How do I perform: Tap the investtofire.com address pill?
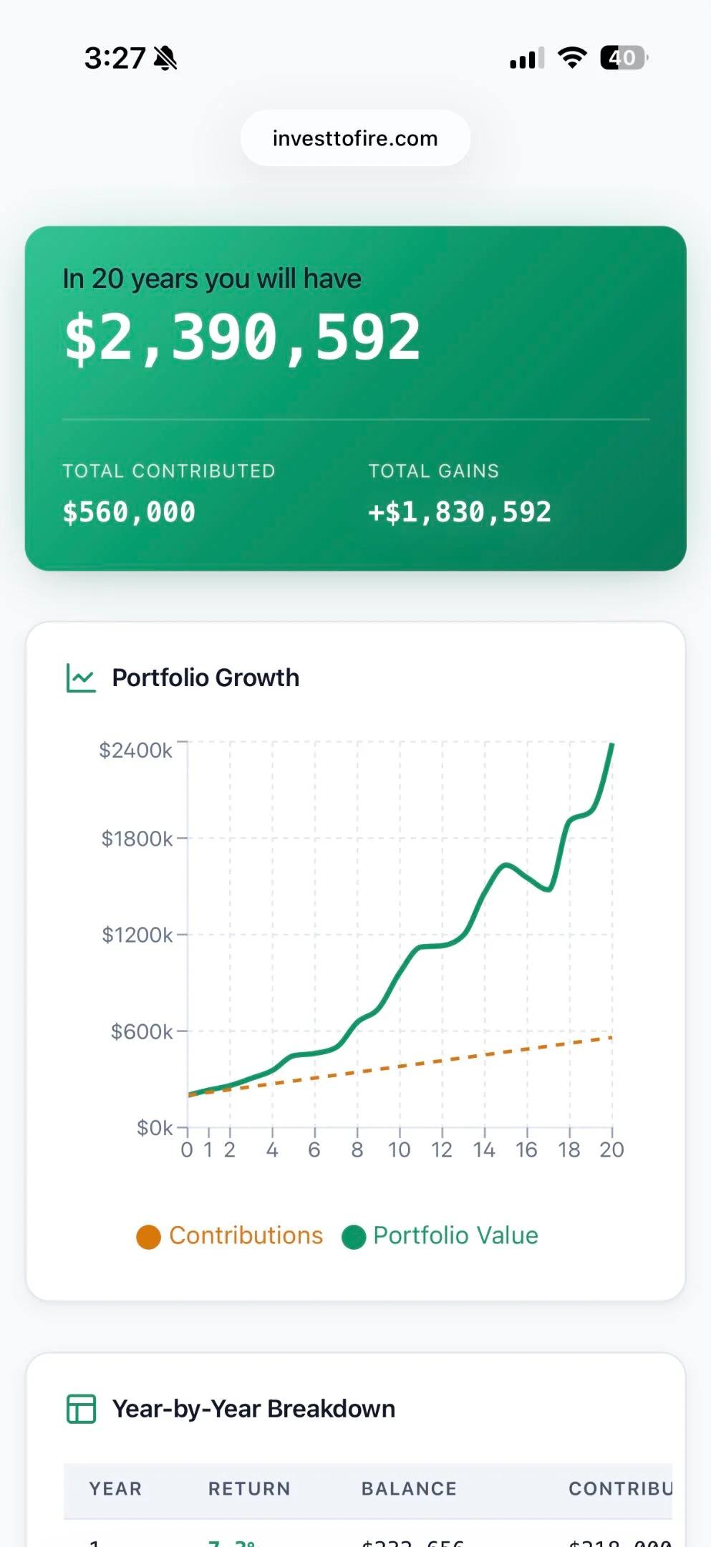[355, 138]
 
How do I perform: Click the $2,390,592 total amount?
[242, 337]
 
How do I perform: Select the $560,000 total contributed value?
[129, 512]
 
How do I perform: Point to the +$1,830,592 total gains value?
[459, 512]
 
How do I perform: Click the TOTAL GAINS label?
[433, 471]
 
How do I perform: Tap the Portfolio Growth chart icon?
[81, 678]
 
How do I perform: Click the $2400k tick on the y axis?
[135, 750]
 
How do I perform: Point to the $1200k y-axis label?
[137, 935]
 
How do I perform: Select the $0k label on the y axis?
[155, 1128]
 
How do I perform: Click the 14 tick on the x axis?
[484, 1150]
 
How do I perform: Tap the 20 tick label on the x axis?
[611, 1150]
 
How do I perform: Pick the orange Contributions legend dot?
[148, 1237]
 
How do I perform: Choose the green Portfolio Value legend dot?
[354, 1237]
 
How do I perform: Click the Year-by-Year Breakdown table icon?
[81, 1409]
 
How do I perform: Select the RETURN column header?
[249, 1488]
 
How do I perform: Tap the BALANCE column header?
[409, 1488]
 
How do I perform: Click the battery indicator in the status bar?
[623, 57]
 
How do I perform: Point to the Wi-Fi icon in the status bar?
[571, 57]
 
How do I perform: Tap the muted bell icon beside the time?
[165, 57]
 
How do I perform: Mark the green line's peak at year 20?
[612, 746]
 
